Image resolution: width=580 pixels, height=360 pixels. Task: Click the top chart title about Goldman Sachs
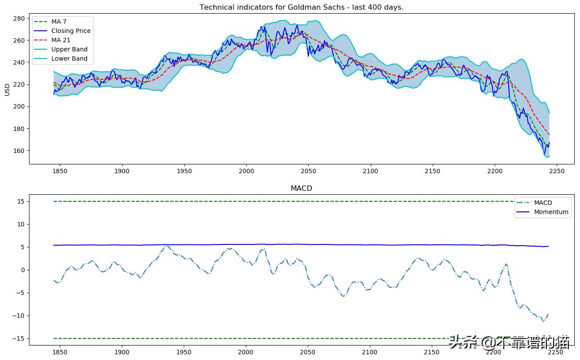point(301,7)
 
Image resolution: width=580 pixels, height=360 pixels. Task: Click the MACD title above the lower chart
point(301,188)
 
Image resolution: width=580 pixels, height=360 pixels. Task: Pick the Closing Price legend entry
point(70,31)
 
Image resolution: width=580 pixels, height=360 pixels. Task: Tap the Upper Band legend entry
point(69,50)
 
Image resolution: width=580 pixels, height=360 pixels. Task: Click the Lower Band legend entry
point(69,59)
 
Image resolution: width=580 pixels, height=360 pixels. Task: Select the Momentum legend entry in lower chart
point(551,212)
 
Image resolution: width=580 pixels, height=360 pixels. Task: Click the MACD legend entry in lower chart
point(543,203)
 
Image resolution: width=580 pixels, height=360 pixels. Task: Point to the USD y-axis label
point(7,90)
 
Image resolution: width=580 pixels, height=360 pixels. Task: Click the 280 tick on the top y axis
point(18,18)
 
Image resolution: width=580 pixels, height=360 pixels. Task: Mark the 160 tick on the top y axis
point(18,151)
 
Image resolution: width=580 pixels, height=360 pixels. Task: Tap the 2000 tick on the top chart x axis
point(246,171)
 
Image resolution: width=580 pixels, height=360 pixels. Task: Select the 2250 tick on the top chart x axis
point(557,171)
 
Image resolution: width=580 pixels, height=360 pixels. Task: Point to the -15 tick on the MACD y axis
point(19,338)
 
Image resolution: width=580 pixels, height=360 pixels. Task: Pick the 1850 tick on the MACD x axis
point(59,352)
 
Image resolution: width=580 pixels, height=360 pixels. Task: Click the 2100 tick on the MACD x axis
point(370,352)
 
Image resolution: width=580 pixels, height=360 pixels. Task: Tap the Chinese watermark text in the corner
point(509,342)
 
